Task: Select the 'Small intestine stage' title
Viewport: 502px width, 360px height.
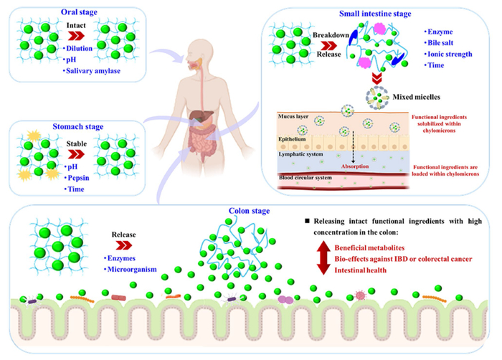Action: point(386,11)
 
